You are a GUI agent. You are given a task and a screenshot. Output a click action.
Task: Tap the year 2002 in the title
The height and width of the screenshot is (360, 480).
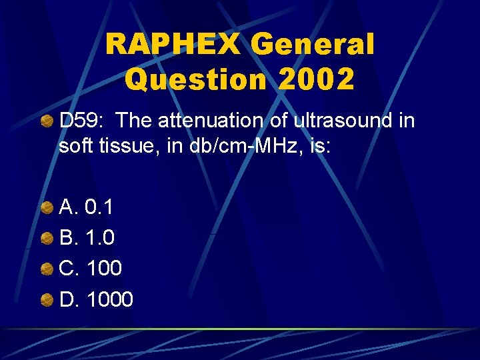tap(317, 79)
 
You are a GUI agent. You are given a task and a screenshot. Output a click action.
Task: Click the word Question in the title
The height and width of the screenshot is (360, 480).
tap(197, 79)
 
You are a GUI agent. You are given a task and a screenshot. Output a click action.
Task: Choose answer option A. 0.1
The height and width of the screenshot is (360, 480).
tap(86, 207)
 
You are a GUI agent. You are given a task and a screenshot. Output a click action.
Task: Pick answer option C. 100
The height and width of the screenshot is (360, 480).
tap(91, 269)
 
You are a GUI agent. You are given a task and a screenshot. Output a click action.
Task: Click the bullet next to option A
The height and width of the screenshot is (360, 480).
tap(47, 207)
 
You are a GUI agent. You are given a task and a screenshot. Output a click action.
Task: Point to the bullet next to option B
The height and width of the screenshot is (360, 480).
tap(47, 238)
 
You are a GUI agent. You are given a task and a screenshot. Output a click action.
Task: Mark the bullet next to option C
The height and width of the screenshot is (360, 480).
tap(47, 269)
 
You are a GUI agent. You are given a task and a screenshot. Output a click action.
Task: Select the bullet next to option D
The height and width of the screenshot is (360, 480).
tap(47, 299)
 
